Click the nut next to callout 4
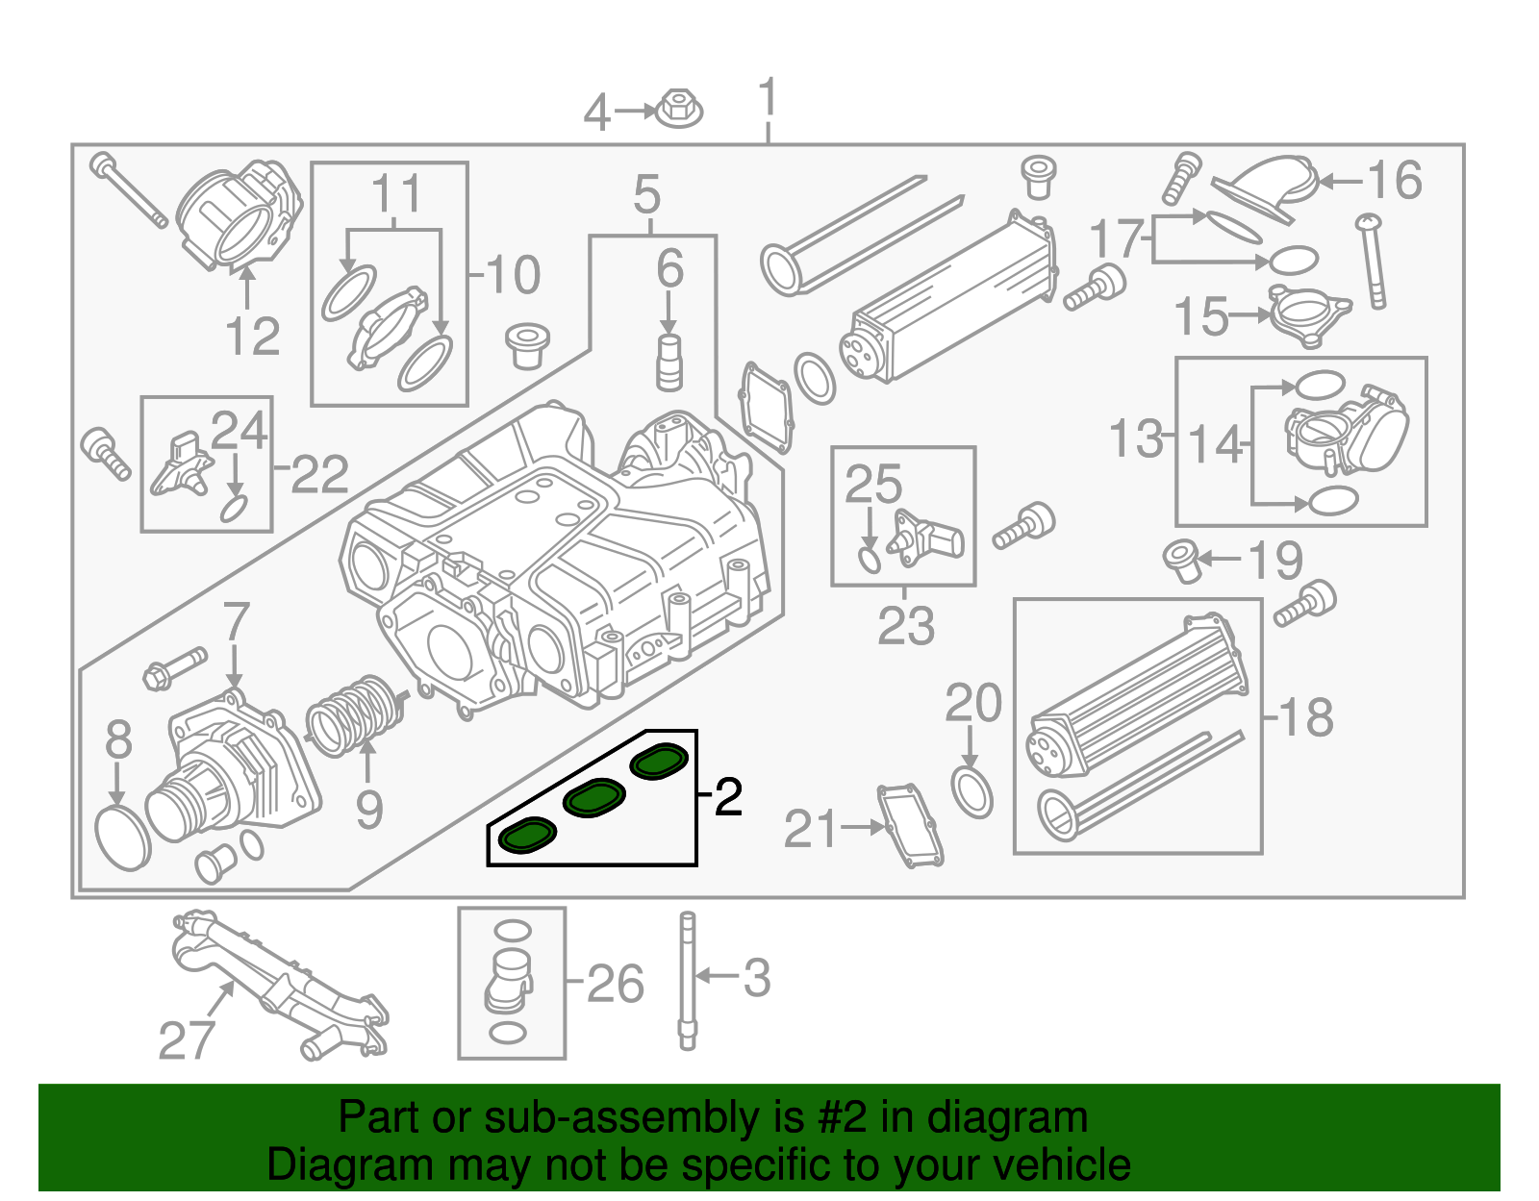coord(680,108)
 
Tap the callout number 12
coord(252,337)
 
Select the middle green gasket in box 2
coord(594,798)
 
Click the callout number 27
coord(187,1040)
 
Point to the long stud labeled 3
coord(687,981)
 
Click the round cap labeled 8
coord(124,838)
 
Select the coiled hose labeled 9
coord(354,716)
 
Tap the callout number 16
coord(1394,181)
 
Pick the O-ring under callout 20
coord(972,792)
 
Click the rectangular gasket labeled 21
coord(910,825)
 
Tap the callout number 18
coord(1306,717)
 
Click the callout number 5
coord(647,196)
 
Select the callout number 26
coord(615,984)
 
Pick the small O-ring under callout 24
coord(234,508)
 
